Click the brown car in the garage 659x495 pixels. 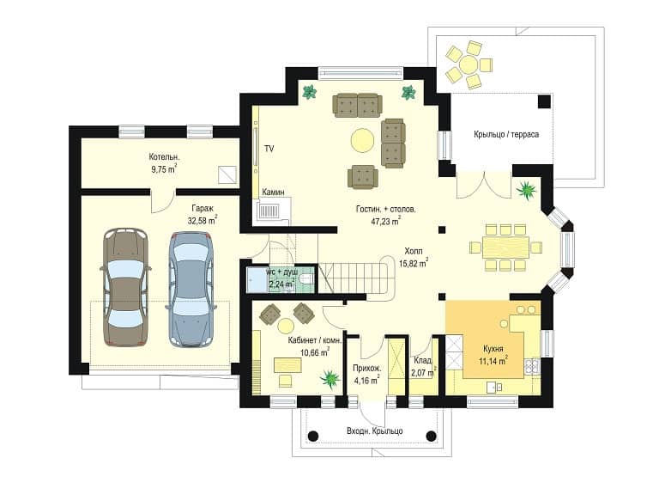[126, 287]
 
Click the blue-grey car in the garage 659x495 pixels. [191, 290]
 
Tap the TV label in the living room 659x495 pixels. [269, 149]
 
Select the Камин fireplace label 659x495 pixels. [273, 192]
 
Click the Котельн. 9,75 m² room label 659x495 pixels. [164, 163]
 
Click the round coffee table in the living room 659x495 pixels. [362, 139]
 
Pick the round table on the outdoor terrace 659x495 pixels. [469, 64]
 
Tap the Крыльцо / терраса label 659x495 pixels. [506, 135]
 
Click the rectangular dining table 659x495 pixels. [505, 247]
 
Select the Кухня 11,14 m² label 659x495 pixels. [493, 355]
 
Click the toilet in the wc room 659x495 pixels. [306, 278]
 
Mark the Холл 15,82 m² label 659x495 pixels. [414, 257]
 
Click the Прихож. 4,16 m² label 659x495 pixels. [366, 375]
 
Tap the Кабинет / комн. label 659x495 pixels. [314, 340]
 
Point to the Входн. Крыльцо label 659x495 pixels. [374, 431]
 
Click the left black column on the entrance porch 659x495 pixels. [312, 436]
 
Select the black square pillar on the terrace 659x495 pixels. [544, 101]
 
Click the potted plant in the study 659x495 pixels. [330, 377]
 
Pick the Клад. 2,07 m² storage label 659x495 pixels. [423, 366]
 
